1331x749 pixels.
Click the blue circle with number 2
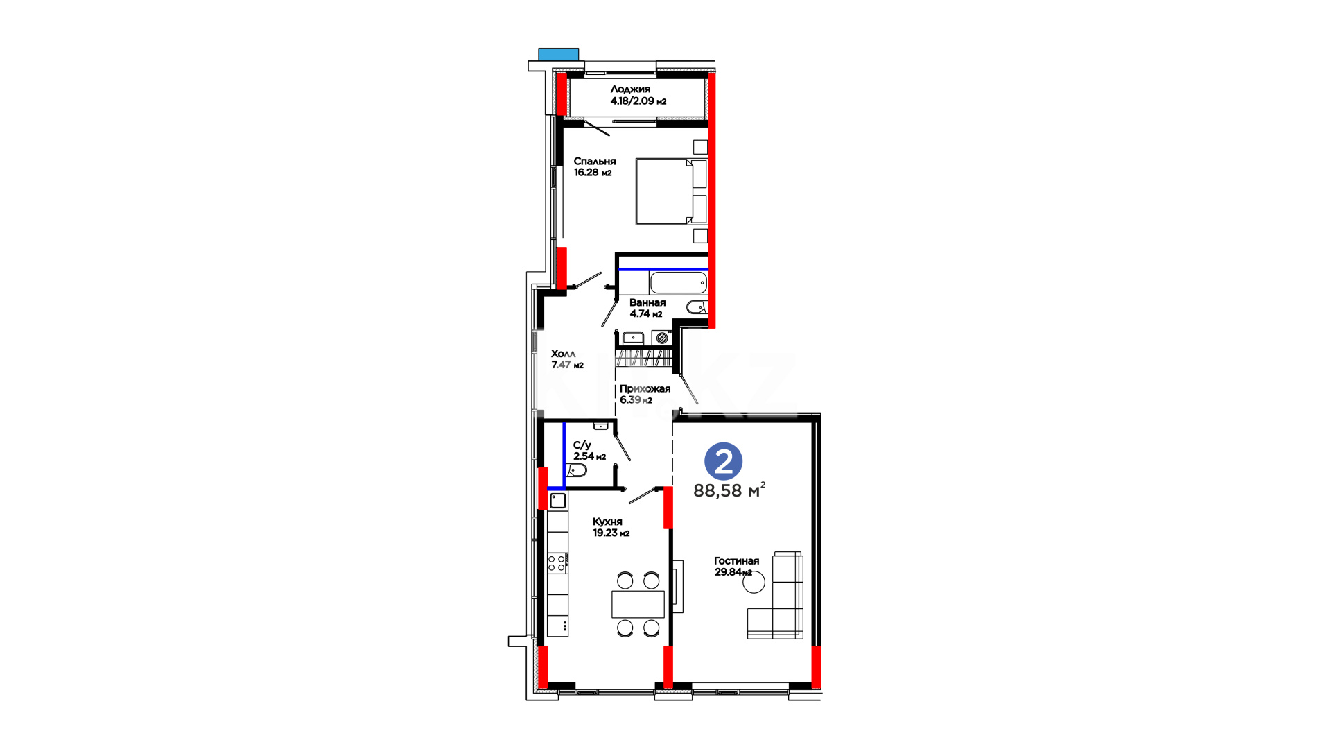pyautogui.click(x=723, y=461)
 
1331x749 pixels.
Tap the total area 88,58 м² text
pyautogui.click(x=729, y=490)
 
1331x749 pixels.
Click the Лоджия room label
pyautogui.click(x=630, y=89)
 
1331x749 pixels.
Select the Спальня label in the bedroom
pyautogui.click(x=594, y=161)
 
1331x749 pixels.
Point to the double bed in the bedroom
pyautogui.click(x=671, y=191)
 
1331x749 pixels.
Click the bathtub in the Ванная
pyautogui.click(x=678, y=283)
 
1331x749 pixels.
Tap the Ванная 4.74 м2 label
pyautogui.click(x=647, y=308)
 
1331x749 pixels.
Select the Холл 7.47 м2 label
pyautogui.click(x=567, y=359)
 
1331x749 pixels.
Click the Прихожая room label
pyautogui.click(x=645, y=388)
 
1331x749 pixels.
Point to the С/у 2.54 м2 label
pyautogui.click(x=589, y=451)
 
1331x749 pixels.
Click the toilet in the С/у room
pyautogui.click(x=576, y=471)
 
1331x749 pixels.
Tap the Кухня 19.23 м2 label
pyautogui.click(x=611, y=527)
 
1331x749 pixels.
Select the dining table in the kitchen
pyautogui.click(x=638, y=604)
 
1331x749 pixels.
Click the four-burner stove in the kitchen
pyautogui.click(x=557, y=562)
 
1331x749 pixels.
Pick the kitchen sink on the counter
pyautogui.click(x=557, y=501)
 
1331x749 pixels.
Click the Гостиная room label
pyautogui.click(x=736, y=560)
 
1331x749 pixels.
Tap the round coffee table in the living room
pyautogui.click(x=754, y=582)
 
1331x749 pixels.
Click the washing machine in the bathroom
pyautogui.click(x=661, y=338)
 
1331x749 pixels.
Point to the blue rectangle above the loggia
pyautogui.click(x=559, y=54)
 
